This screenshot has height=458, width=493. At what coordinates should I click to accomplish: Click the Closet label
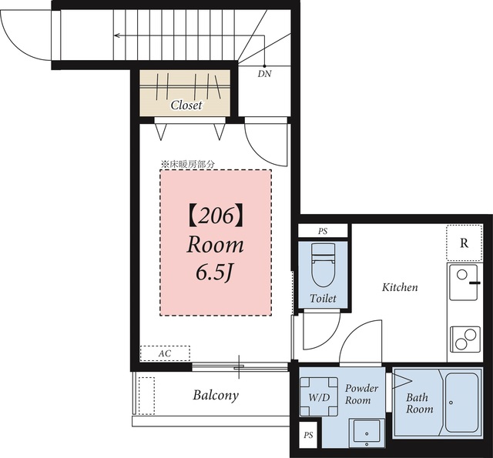point(186,105)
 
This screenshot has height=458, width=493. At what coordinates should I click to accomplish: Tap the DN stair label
point(264,74)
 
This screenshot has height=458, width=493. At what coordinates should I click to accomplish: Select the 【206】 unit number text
point(216,217)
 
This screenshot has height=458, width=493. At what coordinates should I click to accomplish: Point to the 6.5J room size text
point(213,272)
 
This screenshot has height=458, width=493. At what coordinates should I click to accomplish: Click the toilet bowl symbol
point(323,265)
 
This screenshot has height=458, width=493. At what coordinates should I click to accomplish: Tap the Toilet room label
point(323,298)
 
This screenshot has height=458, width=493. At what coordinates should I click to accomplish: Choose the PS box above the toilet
point(323,231)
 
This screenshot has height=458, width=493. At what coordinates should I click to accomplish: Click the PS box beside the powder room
point(308,435)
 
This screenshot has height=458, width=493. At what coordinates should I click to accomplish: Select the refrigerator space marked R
point(464,242)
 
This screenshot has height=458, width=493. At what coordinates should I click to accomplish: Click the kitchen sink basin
point(464,282)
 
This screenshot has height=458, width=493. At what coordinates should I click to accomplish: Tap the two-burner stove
point(465,339)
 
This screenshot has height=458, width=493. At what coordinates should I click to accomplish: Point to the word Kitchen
point(400,287)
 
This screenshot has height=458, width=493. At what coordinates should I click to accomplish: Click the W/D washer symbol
point(319,396)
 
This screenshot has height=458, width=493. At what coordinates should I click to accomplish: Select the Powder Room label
point(361,394)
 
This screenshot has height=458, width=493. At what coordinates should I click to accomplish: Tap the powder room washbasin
point(367,432)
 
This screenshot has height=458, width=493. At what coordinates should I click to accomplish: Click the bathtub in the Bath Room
point(461,403)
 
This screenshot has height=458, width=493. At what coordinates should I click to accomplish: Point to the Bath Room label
point(419,403)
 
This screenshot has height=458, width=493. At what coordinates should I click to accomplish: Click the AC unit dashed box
point(165,353)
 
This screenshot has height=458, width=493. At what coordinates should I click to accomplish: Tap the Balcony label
point(216,395)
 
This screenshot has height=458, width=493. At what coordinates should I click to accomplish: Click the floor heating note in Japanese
point(188,164)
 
